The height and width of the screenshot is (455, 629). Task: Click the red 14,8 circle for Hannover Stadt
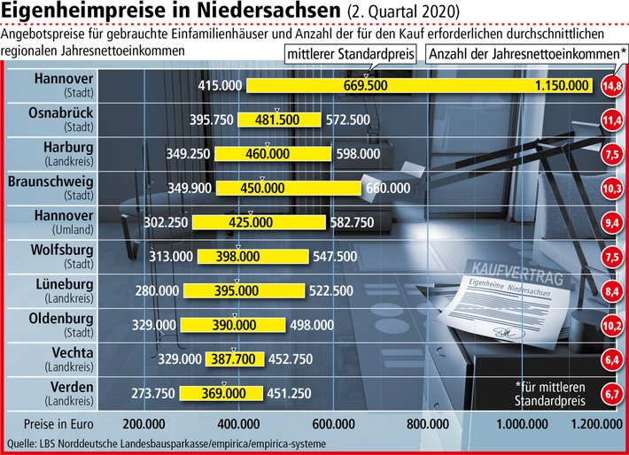pos(610,86)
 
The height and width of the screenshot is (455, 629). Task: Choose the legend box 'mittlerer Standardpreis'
pos(352,55)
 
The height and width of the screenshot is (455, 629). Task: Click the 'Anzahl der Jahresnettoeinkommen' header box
pos(525,55)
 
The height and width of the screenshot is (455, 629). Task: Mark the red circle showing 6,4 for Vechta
pos(610,359)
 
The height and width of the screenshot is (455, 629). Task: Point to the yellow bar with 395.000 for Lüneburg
pos(245,290)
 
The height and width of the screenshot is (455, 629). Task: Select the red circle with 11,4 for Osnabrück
pos(610,120)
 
